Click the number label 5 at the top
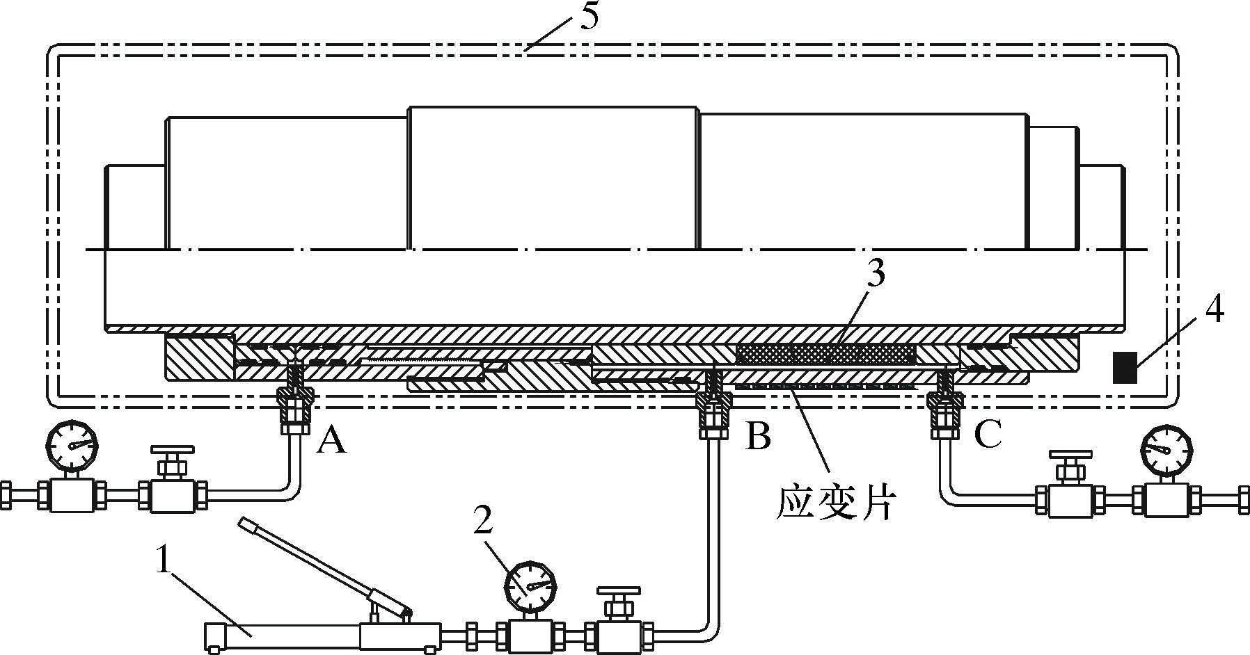588,17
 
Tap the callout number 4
1214,311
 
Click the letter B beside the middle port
758,437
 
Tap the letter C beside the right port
986,435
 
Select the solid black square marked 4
1124,367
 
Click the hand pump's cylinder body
282,635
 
